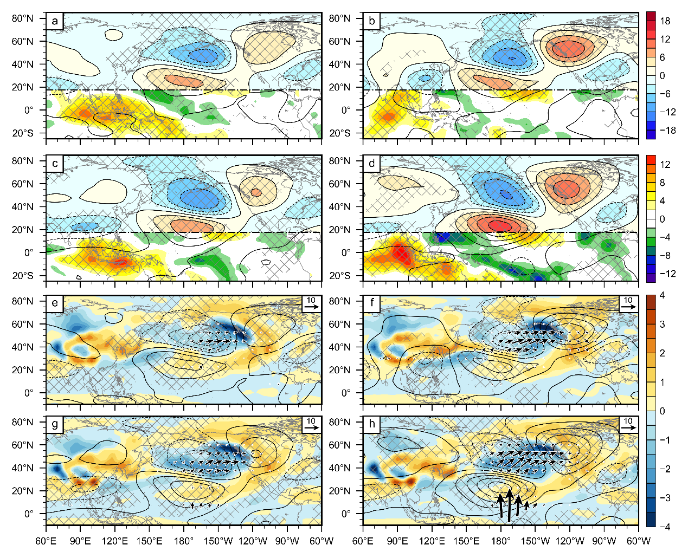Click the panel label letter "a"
(x=54, y=21)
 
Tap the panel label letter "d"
(x=371, y=164)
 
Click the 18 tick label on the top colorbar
(x=665, y=21)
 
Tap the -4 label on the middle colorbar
(x=667, y=237)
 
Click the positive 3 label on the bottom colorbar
(x=663, y=325)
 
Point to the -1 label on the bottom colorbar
(x=665, y=440)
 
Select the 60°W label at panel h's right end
(x=638, y=541)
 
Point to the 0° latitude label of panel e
(x=29, y=393)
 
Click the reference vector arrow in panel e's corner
(x=311, y=307)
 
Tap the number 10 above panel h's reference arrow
(x=628, y=421)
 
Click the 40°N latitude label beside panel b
(x=340, y=64)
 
